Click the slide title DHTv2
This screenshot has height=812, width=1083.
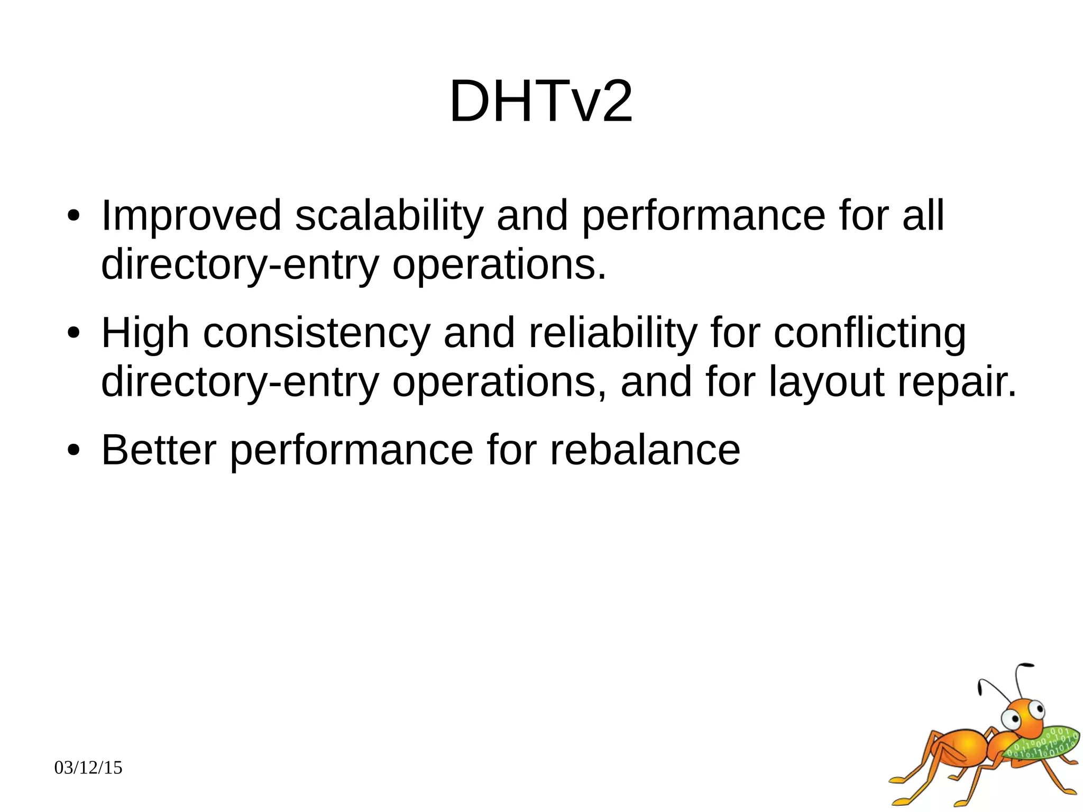click(x=540, y=101)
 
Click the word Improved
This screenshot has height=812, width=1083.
click(x=191, y=216)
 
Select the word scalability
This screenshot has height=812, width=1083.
click(x=389, y=216)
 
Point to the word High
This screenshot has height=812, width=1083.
click(x=145, y=334)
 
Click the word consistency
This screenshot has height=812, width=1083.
click(x=316, y=334)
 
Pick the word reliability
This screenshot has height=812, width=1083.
click(x=612, y=334)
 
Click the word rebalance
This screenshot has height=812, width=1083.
click(x=645, y=450)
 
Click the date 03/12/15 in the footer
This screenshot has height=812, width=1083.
click(x=88, y=768)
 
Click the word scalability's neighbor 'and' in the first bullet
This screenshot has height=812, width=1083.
click(x=532, y=216)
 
